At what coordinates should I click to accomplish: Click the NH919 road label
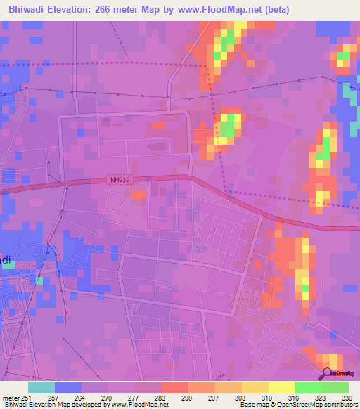click(120, 180)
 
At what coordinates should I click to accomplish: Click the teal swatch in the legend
click(41, 388)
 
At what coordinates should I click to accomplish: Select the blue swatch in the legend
click(68, 388)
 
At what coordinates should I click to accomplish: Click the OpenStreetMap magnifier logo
click(327, 374)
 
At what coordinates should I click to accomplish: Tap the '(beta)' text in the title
click(273, 10)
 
